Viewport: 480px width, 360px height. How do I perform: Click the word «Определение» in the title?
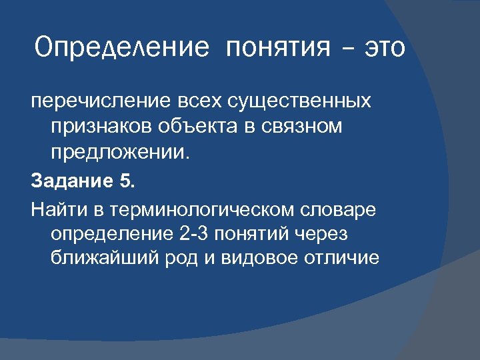click(123, 47)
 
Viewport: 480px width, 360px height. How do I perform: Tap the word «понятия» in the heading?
click(278, 47)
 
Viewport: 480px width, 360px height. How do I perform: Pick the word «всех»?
click(197, 101)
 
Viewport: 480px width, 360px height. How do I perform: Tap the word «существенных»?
click(300, 101)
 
